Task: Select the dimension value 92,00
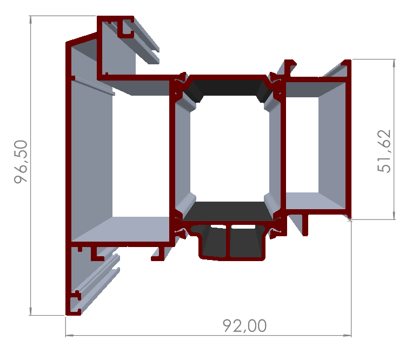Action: (x=244, y=326)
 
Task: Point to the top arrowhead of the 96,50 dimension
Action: (x=31, y=18)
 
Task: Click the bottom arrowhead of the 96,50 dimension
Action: (x=31, y=312)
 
